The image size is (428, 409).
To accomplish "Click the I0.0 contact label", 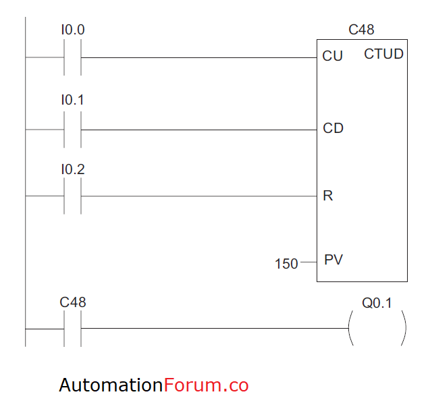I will (73, 30).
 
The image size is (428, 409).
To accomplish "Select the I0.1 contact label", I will (73, 100).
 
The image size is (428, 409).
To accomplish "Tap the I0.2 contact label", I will (73, 169).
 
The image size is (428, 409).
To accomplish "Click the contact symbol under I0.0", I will (73, 58).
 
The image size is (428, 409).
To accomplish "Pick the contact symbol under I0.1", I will (73, 130).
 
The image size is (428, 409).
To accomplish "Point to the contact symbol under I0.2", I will (73, 196).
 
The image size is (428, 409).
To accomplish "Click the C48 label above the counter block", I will (361, 30).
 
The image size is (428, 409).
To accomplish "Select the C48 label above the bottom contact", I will (73, 302).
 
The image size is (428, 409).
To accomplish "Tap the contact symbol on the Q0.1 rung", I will (73, 329).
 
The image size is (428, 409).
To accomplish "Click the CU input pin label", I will (333, 56).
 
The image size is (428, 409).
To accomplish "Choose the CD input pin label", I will (333, 128).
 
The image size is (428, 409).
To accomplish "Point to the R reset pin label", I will (328, 196).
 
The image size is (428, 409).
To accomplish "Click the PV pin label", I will (333, 259).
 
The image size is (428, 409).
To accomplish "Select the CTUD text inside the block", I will (383, 54).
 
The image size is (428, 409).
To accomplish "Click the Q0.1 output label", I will (377, 303).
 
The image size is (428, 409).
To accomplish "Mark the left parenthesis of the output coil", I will (350, 329).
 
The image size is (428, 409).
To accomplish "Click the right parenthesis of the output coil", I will (404, 329).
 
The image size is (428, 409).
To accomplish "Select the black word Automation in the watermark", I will (111, 385).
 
